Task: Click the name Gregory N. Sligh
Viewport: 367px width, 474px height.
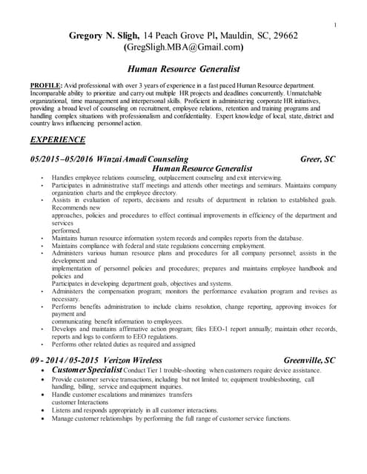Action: click(x=105, y=35)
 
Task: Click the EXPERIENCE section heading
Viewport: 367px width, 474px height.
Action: click(x=57, y=139)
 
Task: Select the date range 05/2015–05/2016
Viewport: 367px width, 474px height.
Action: click(x=58, y=159)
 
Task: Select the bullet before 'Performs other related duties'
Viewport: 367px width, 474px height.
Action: click(x=42, y=344)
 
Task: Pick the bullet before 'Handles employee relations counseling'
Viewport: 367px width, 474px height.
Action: click(x=42, y=178)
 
